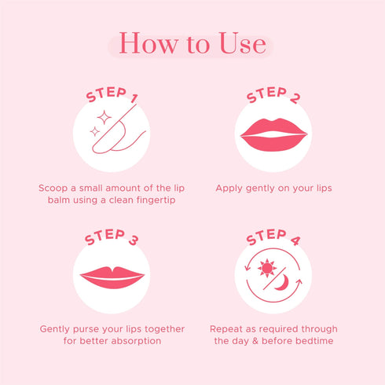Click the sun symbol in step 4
point(267,268)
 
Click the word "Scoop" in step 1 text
point(53,189)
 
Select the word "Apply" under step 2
point(231,189)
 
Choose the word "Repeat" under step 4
point(228,329)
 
